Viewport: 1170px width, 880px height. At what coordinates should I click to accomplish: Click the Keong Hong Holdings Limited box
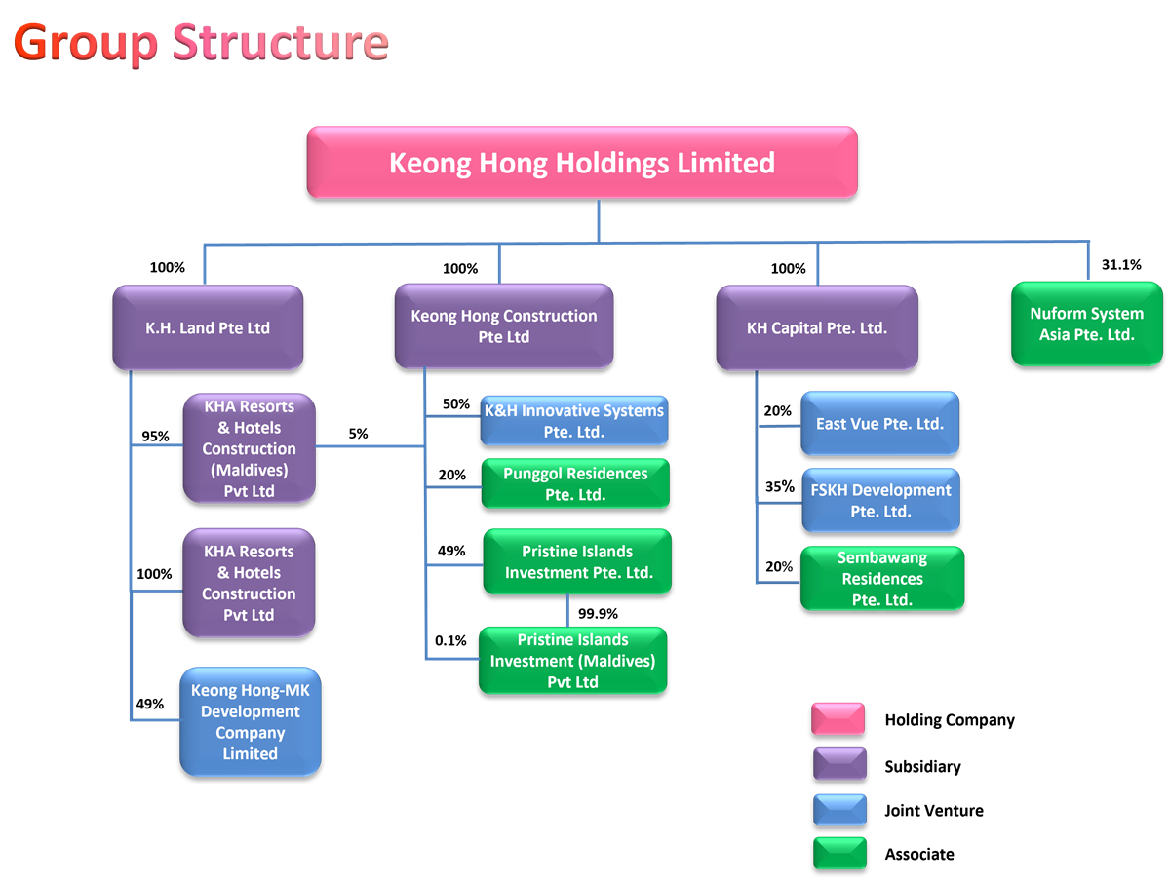582,163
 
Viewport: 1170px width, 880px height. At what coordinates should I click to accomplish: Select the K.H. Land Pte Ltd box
208,328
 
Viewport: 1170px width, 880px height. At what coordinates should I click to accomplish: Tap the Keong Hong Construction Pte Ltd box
503,326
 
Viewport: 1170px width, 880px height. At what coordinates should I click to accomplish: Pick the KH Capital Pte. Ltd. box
817,328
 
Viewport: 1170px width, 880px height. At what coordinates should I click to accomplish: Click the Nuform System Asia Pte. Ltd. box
1086,325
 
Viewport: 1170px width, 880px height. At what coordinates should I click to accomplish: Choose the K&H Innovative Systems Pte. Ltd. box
574,421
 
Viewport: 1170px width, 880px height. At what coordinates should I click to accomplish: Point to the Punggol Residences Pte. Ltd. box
575,484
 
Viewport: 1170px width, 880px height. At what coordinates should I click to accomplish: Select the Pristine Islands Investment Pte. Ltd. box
577,562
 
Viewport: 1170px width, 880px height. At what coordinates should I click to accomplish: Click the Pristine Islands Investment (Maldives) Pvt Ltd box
572,661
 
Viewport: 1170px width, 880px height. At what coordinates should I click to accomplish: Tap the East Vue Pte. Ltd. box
879,424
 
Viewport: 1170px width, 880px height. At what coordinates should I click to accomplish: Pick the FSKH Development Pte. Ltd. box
880,501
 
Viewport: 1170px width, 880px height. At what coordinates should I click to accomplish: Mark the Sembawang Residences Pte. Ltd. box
882,579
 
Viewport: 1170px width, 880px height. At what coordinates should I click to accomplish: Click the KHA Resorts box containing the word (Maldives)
250,448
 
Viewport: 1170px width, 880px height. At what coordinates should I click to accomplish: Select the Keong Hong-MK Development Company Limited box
251,722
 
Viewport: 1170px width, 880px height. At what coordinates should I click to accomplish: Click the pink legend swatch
838,719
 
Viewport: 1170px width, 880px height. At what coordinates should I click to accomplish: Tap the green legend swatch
838,853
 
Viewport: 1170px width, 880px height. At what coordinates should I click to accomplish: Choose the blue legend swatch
838,809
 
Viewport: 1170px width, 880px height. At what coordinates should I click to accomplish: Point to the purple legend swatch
838,764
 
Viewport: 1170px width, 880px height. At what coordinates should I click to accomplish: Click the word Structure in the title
281,43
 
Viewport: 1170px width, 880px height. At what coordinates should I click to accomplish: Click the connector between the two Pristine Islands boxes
568,611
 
